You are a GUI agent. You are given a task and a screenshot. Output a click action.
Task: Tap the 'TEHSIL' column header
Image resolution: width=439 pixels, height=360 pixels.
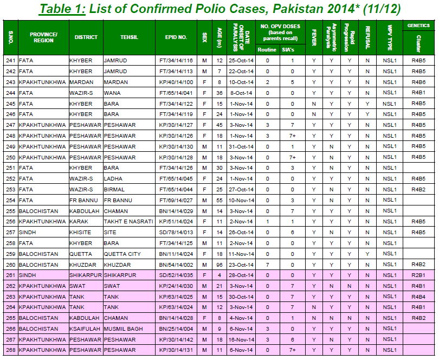coord(128,37)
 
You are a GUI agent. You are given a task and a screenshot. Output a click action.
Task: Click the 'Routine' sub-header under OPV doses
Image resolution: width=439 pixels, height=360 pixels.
coord(267,49)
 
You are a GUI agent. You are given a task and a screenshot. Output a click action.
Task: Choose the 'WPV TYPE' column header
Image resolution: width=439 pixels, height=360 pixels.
coord(390,37)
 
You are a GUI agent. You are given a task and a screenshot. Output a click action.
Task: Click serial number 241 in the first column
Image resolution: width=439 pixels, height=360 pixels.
coord(10,60)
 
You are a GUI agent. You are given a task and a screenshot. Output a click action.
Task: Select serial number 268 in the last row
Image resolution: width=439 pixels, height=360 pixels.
coord(10,350)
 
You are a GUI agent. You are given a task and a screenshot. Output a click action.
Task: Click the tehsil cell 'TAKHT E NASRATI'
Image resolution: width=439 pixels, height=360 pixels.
coord(128,221)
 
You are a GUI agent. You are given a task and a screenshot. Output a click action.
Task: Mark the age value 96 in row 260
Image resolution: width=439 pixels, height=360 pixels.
coord(219,264)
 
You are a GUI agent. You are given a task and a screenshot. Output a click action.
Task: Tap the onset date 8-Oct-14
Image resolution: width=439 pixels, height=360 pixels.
coord(240,93)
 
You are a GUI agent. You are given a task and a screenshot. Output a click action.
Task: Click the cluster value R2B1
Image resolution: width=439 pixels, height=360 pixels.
coord(418,275)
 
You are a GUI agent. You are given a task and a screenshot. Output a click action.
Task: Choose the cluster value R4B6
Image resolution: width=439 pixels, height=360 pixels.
coord(418,82)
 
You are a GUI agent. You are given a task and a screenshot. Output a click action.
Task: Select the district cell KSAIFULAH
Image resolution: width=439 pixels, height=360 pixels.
coord(85,329)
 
